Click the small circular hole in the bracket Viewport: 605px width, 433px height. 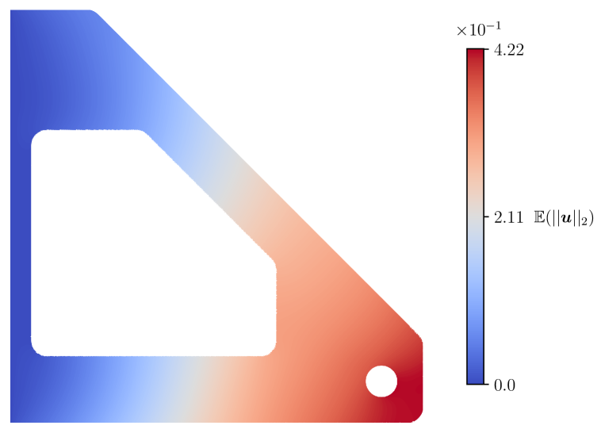click(381, 381)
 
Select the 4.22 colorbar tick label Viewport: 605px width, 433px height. click(509, 50)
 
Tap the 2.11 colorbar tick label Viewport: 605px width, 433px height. click(508, 217)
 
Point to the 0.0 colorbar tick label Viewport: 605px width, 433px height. click(504, 385)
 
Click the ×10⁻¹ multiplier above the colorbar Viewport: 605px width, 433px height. click(479, 29)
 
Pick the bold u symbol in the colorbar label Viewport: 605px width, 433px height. click(566, 218)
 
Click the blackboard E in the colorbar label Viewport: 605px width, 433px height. click(538, 217)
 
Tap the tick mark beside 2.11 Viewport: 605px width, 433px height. click(486, 216)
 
